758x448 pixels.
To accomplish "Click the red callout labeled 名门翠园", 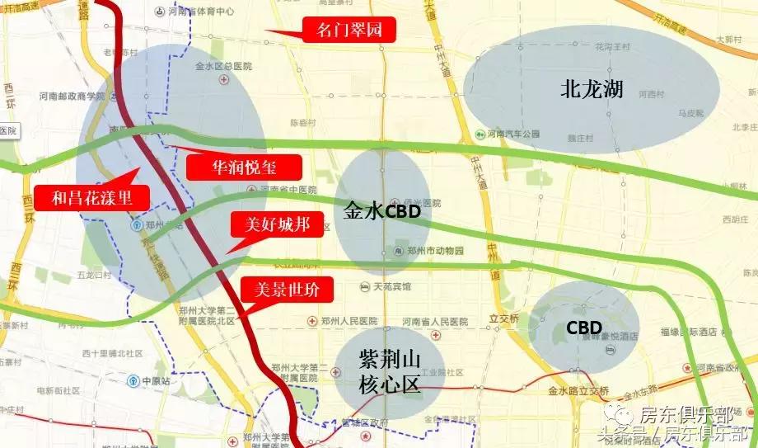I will [x=345, y=31].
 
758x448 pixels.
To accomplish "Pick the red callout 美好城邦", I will [x=271, y=224].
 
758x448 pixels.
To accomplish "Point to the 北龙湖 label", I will [x=591, y=90].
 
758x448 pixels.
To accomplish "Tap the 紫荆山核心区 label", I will [x=391, y=371].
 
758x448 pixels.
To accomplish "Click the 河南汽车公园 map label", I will [x=511, y=134].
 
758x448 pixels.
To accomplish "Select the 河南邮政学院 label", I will [x=72, y=96].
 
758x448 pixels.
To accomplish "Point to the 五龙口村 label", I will [x=93, y=274].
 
